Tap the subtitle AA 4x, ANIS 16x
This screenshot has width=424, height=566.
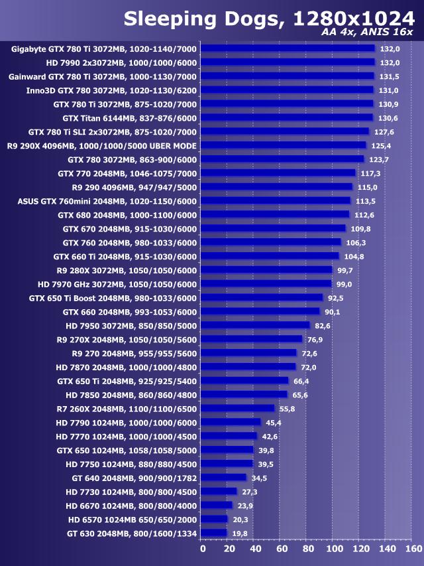pos(367,32)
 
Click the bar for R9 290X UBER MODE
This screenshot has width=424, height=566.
pos(283,145)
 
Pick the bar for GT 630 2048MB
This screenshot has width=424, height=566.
pos(213,532)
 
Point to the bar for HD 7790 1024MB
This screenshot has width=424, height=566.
pos(231,422)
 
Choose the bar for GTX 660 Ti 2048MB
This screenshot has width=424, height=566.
pos(270,256)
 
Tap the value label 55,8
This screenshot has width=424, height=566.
pos(287,409)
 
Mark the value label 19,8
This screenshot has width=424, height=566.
pos(239,533)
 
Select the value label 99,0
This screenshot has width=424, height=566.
pos(343,284)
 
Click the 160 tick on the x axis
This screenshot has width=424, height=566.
pos(413,549)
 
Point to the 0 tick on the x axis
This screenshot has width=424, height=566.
pos(203,549)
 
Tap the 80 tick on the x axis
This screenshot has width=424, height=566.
pos(307,549)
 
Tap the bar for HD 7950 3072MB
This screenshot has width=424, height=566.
pos(255,325)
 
